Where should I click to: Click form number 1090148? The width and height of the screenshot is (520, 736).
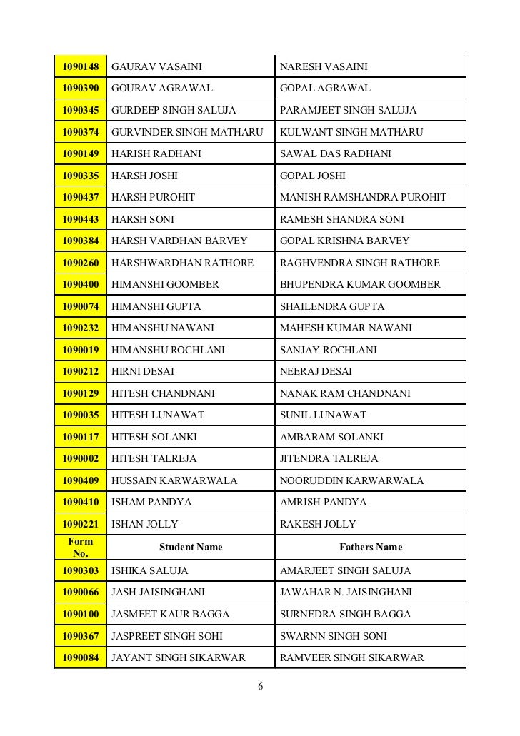(80, 67)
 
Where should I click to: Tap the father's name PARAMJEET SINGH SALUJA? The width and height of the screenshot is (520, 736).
(348, 111)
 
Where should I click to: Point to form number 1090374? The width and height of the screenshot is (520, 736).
(80, 132)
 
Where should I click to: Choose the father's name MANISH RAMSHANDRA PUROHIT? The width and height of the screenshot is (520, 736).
(363, 197)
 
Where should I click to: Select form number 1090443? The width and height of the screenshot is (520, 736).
(80, 219)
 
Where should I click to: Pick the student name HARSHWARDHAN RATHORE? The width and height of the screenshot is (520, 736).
(182, 263)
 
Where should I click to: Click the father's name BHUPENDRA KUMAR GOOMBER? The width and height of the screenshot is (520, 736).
(360, 285)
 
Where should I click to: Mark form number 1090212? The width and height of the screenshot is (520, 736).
(80, 372)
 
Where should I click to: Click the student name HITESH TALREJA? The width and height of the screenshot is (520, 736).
(154, 459)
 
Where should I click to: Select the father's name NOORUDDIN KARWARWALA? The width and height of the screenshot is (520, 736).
(351, 480)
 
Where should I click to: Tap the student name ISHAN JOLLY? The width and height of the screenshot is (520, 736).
(145, 524)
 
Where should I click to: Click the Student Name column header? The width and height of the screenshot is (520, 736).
(190, 548)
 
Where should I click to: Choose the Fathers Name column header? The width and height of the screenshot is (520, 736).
(370, 548)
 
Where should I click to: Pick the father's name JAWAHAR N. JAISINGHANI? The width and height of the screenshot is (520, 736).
(346, 593)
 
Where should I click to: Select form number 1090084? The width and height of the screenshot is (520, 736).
(80, 657)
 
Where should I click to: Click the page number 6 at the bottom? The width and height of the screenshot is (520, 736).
(260, 687)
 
